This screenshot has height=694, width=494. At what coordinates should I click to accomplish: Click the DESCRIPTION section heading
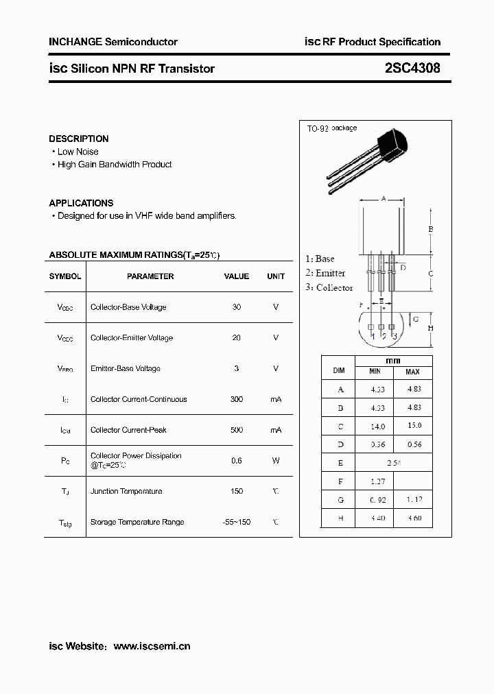pyautogui.click(x=78, y=139)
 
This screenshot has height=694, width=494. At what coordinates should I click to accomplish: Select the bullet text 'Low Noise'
pyautogui.click(x=78, y=152)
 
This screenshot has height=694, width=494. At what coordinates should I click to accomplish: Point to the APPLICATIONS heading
pyautogui.click(x=81, y=203)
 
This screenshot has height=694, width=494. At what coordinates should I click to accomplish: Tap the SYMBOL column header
pyautogui.click(x=64, y=276)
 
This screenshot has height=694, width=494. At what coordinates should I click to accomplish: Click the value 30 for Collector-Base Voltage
pyautogui.click(x=237, y=307)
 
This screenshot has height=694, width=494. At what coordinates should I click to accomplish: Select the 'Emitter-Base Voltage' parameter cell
pyautogui.click(x=125, y=368)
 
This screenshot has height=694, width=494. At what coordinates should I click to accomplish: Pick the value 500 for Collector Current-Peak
pyautogui.click(x=237, y=430)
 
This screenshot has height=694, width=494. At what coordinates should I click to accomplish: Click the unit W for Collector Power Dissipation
pyautogui.click(x=276, y=460)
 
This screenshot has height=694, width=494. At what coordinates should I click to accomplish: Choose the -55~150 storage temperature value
pyautogui.click(x=237, y=522)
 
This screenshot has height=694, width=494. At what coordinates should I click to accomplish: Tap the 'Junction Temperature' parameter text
pyautogui.click(x=126, y=491)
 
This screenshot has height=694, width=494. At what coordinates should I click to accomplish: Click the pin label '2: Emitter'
pyautogui.click(x=325, y=273)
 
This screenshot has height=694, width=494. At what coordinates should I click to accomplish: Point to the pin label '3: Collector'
pyautogui.click(x=329, y=287)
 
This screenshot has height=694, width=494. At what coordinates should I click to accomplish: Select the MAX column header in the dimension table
pyautogui.click(x=412, y=372)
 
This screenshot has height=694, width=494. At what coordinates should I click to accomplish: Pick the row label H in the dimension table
pyautogui.click(x=339, y=518)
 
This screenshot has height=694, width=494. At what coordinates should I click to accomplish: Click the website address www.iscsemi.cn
pyautogui.click(x=152, y=646)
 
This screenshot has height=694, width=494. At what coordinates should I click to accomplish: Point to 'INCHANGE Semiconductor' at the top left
pyautogui.click(x=113, y=42)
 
